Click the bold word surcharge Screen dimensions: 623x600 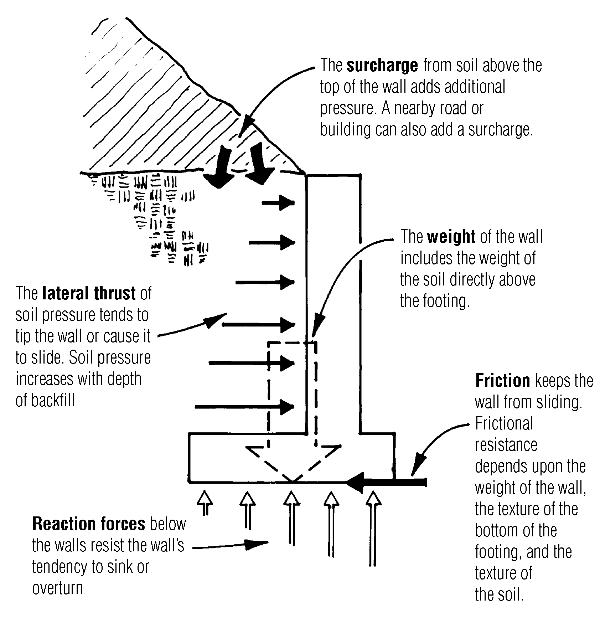point(382,66)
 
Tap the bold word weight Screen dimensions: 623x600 point(451,237)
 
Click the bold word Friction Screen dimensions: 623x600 point(502,381)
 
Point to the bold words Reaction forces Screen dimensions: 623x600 point(89,524)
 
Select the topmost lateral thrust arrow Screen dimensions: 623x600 point(279,203)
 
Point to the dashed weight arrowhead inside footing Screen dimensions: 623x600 point(293,463)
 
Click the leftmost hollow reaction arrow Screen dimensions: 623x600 point(205,503)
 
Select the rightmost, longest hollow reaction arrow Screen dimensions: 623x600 point(373,527)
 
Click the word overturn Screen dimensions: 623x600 point(57,588)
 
